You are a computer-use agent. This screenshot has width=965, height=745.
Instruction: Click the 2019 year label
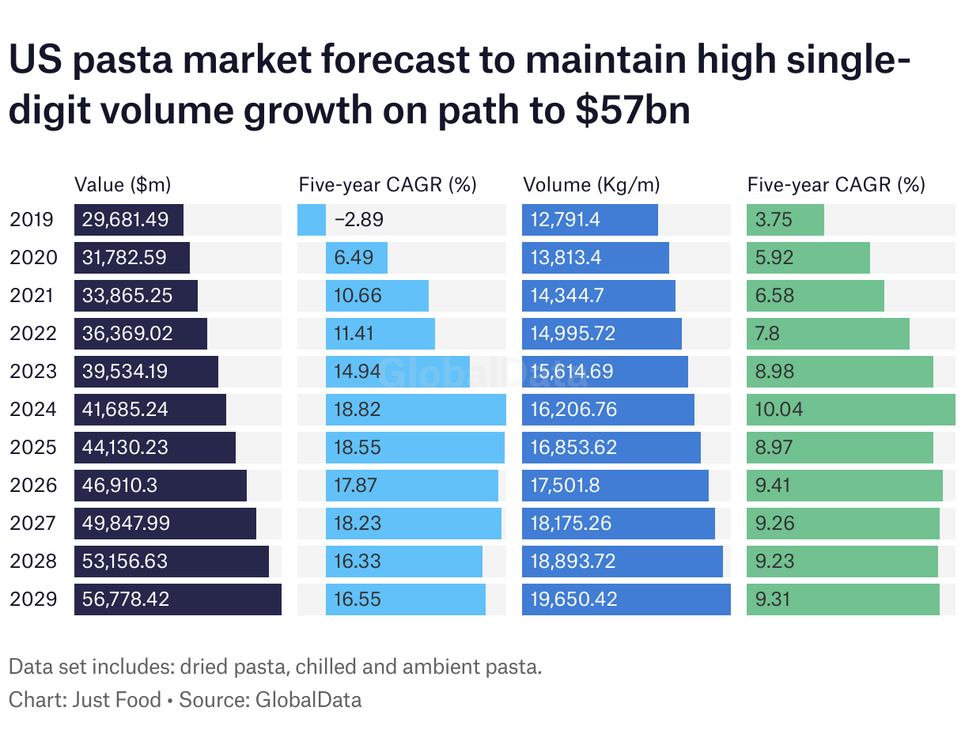(33, 220)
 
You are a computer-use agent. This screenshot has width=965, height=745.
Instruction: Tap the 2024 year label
(33, 410)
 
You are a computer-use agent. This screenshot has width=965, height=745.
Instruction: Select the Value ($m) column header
(123, 185)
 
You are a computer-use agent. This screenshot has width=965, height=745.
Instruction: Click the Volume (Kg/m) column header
(592, 185)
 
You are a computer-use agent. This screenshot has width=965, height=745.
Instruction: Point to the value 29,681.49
(125, 220)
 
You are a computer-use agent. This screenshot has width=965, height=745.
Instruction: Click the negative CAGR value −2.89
(359, 220)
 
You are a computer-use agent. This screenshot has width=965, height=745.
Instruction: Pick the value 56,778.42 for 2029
(125, 599)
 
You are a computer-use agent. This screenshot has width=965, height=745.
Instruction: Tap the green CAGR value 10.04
(779, 410)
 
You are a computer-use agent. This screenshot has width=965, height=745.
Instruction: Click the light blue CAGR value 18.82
(358, 410)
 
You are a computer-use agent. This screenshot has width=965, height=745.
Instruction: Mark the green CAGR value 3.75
(774, 220)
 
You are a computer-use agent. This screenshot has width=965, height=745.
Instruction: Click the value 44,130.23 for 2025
(125, 448)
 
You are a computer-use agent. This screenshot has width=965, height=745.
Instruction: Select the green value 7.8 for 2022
(767, 334)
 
